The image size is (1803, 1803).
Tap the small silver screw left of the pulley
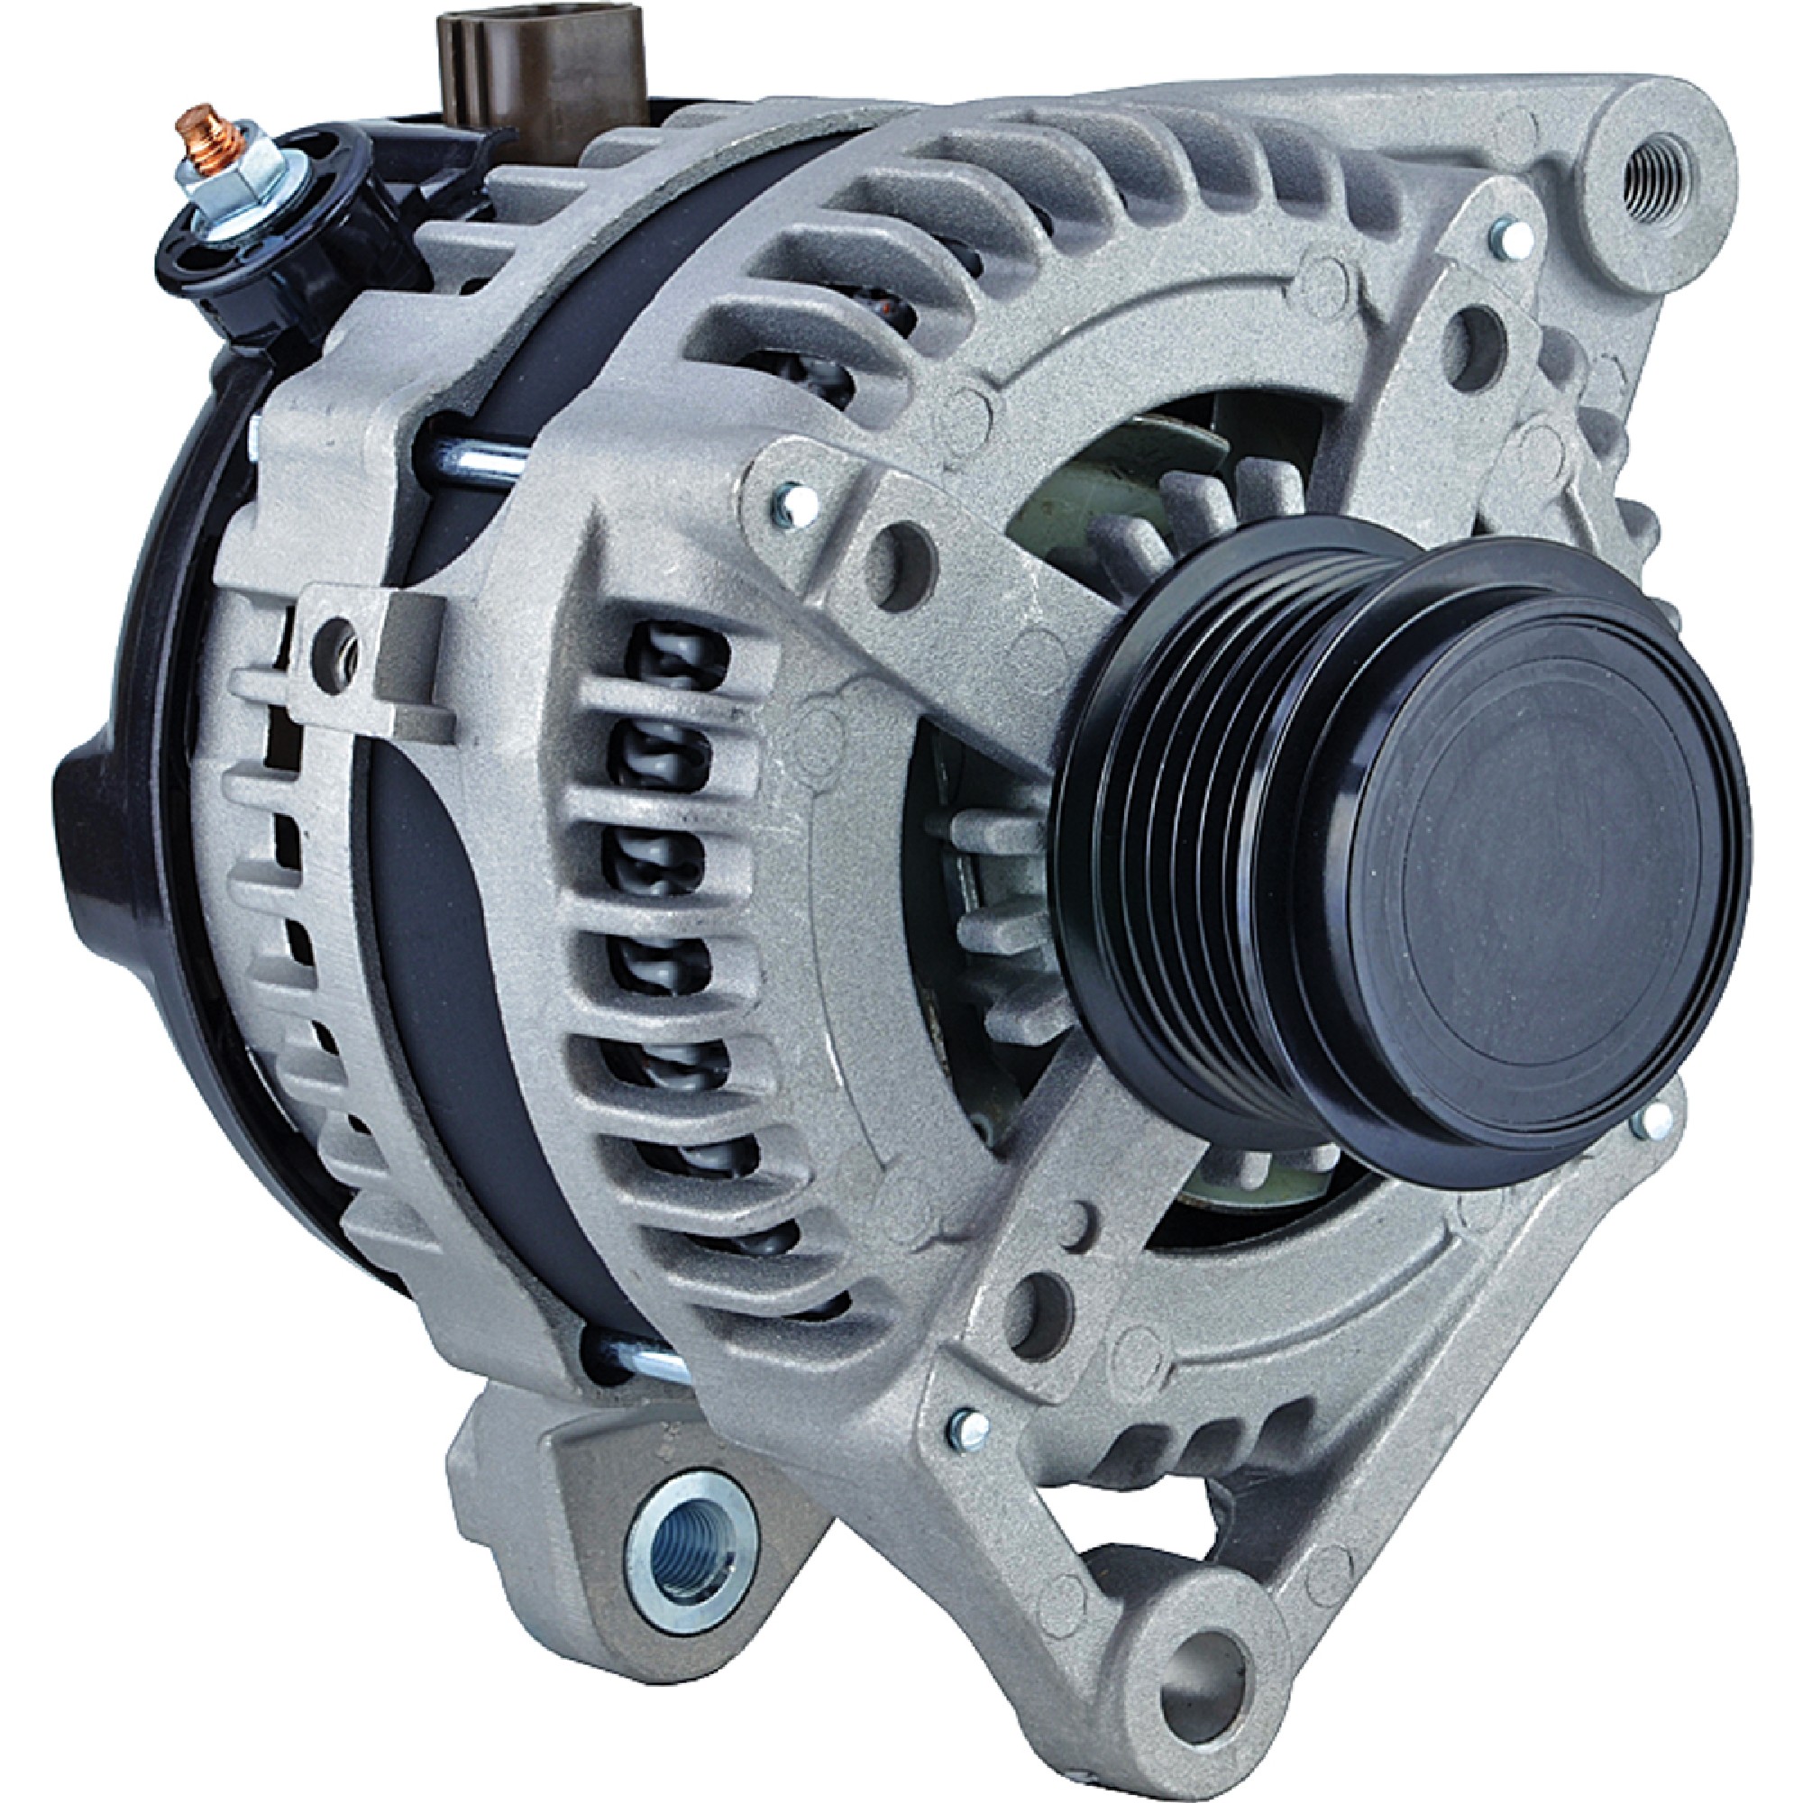(789, 505)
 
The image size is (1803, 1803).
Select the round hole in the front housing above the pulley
(896, 555)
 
